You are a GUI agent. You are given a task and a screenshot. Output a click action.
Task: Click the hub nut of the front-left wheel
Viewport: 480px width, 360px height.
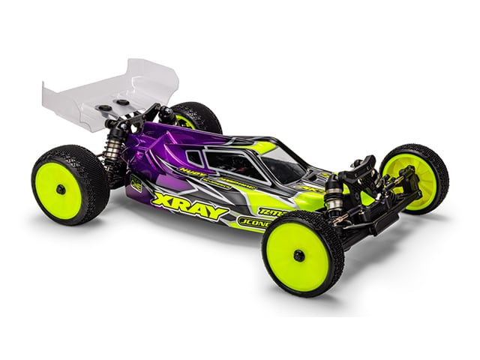pos(298,256)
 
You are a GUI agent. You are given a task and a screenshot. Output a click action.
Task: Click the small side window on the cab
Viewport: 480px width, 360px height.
pos(193,157)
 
